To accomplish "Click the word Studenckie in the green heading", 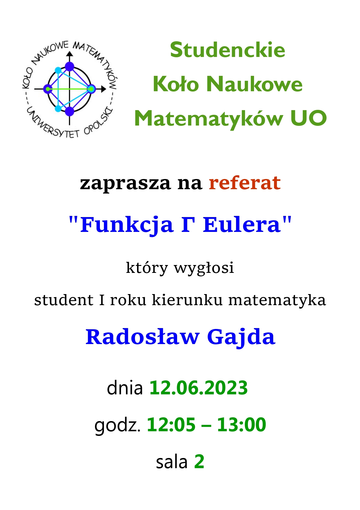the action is pos(228,50).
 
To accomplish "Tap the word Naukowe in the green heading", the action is pos(254,84).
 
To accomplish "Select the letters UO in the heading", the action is pos(308,118).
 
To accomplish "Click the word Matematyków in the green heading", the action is pos(208,119).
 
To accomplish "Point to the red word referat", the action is pos(245,183).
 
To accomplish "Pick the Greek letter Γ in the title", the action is pos(188,225).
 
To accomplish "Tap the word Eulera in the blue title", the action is pos(242,225).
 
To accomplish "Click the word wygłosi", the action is pos(204,268).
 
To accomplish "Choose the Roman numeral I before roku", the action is pos(102,300).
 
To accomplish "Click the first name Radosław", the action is pos(143,337).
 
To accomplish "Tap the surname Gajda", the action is pos(241,338).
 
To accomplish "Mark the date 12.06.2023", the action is pos(199,388).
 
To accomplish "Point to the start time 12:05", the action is pos(171,425).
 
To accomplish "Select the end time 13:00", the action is pos(242,425).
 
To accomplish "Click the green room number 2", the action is pos(199,461).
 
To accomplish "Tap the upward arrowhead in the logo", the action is pos(69,54).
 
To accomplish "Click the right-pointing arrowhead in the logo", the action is pos(103,89).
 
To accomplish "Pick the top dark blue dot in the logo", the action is pos(69,67).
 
